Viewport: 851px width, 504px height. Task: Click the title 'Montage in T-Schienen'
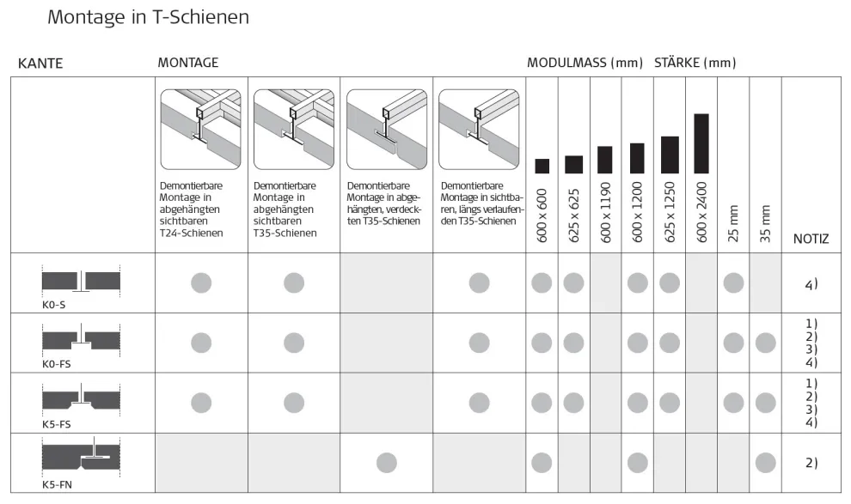coord(148,17)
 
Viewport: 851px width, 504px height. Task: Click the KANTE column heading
coord(41,64)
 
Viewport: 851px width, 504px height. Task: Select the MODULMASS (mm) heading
coord(585,63)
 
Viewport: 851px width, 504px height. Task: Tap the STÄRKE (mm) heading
coord(695,63)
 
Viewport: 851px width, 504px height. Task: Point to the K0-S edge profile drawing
coord(81,281)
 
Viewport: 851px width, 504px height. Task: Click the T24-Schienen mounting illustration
coord(200,129)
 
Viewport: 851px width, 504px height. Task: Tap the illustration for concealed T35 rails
coord(386,129)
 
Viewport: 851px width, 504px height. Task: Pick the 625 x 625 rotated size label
coord(573,216)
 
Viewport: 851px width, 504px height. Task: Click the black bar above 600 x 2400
coord(701,143)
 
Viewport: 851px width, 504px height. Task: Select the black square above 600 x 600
coord(542,166)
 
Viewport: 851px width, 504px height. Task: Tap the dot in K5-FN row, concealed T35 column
coord(387,463)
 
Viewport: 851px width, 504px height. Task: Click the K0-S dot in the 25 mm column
coord(733,282)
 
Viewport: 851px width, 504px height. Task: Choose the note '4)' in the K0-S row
coord(811,283)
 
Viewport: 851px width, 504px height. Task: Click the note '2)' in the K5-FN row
coord(811,463)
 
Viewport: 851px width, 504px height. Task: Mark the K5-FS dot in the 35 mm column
coord(765,403)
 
